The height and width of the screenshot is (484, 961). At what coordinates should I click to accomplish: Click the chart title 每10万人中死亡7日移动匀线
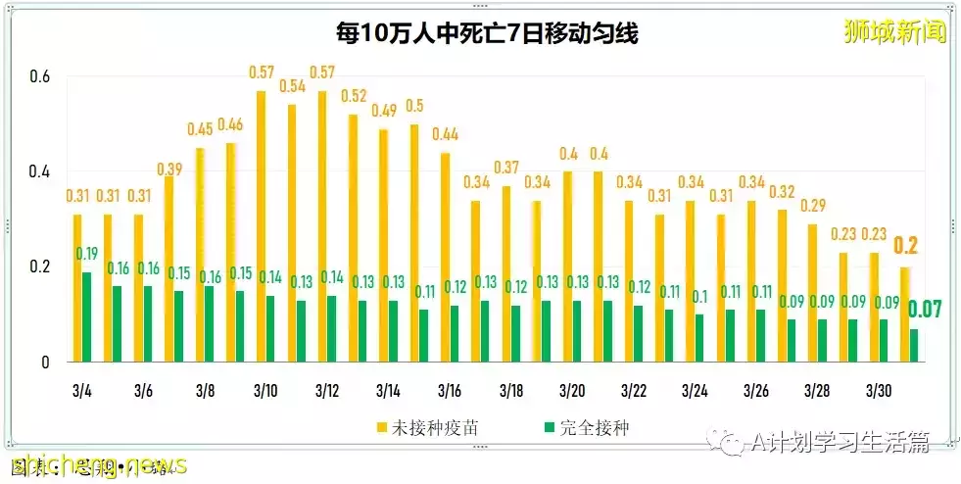486,34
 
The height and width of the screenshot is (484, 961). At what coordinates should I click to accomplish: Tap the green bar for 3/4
87,316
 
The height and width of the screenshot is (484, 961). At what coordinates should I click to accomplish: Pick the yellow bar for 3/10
261,226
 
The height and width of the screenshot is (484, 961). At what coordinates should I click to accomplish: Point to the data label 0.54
292,86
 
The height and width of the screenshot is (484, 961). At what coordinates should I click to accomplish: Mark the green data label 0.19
87,254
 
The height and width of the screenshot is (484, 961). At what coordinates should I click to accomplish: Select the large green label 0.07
925,310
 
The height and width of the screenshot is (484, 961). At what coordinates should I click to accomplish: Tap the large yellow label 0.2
906,246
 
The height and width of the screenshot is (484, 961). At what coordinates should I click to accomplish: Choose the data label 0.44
445,134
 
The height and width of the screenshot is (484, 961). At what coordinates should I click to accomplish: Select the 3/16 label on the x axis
450,390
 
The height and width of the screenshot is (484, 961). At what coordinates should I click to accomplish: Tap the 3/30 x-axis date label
879,390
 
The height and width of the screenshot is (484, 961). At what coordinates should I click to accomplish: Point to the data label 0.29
812,206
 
